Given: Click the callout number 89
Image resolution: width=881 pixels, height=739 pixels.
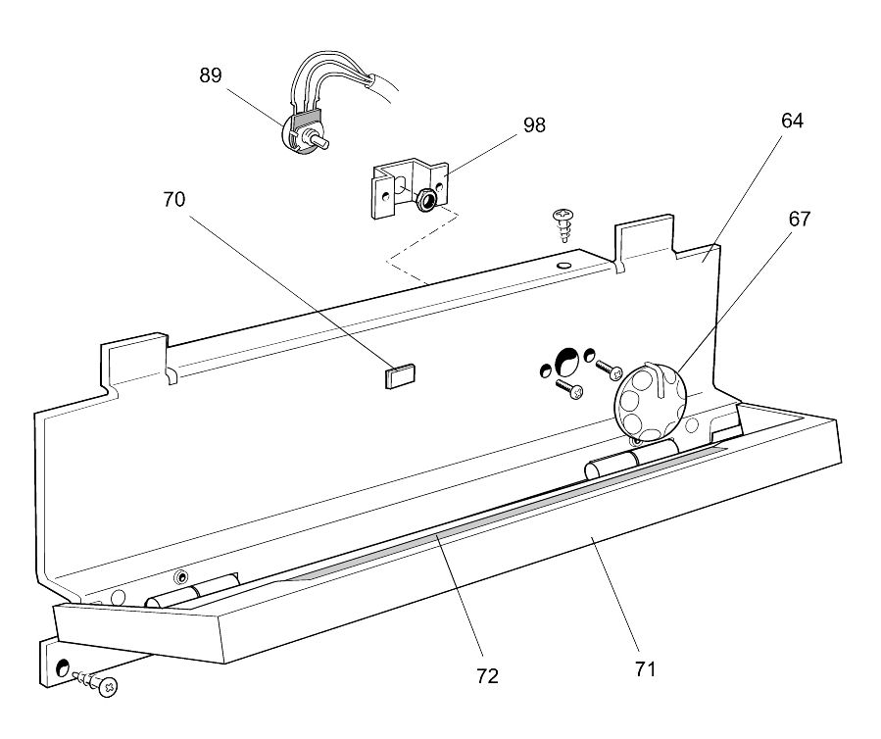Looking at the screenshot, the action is coord(211,75).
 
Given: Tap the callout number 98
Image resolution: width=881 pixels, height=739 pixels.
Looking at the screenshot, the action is coord(534,124).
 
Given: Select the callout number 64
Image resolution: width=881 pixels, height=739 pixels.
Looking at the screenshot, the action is coord(792,121).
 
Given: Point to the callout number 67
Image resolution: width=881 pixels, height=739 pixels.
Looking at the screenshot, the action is coord(800,219).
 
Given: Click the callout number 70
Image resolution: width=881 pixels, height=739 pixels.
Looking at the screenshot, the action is coord(174,199).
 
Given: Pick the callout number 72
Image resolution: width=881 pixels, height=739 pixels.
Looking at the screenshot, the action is coord(487,676).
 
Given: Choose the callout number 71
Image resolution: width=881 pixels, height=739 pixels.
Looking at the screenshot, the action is coord(646,669).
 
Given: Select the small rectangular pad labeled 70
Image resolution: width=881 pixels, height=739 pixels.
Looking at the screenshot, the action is coord(400,376).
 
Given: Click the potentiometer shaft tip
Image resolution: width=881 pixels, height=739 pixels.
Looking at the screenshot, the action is coord(324,143).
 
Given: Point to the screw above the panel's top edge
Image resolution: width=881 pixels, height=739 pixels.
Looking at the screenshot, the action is coord(563,224).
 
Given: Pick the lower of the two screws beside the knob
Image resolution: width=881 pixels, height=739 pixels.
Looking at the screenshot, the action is coord(569,388).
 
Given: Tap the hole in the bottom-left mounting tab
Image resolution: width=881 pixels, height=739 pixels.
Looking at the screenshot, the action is coord(63,667).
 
